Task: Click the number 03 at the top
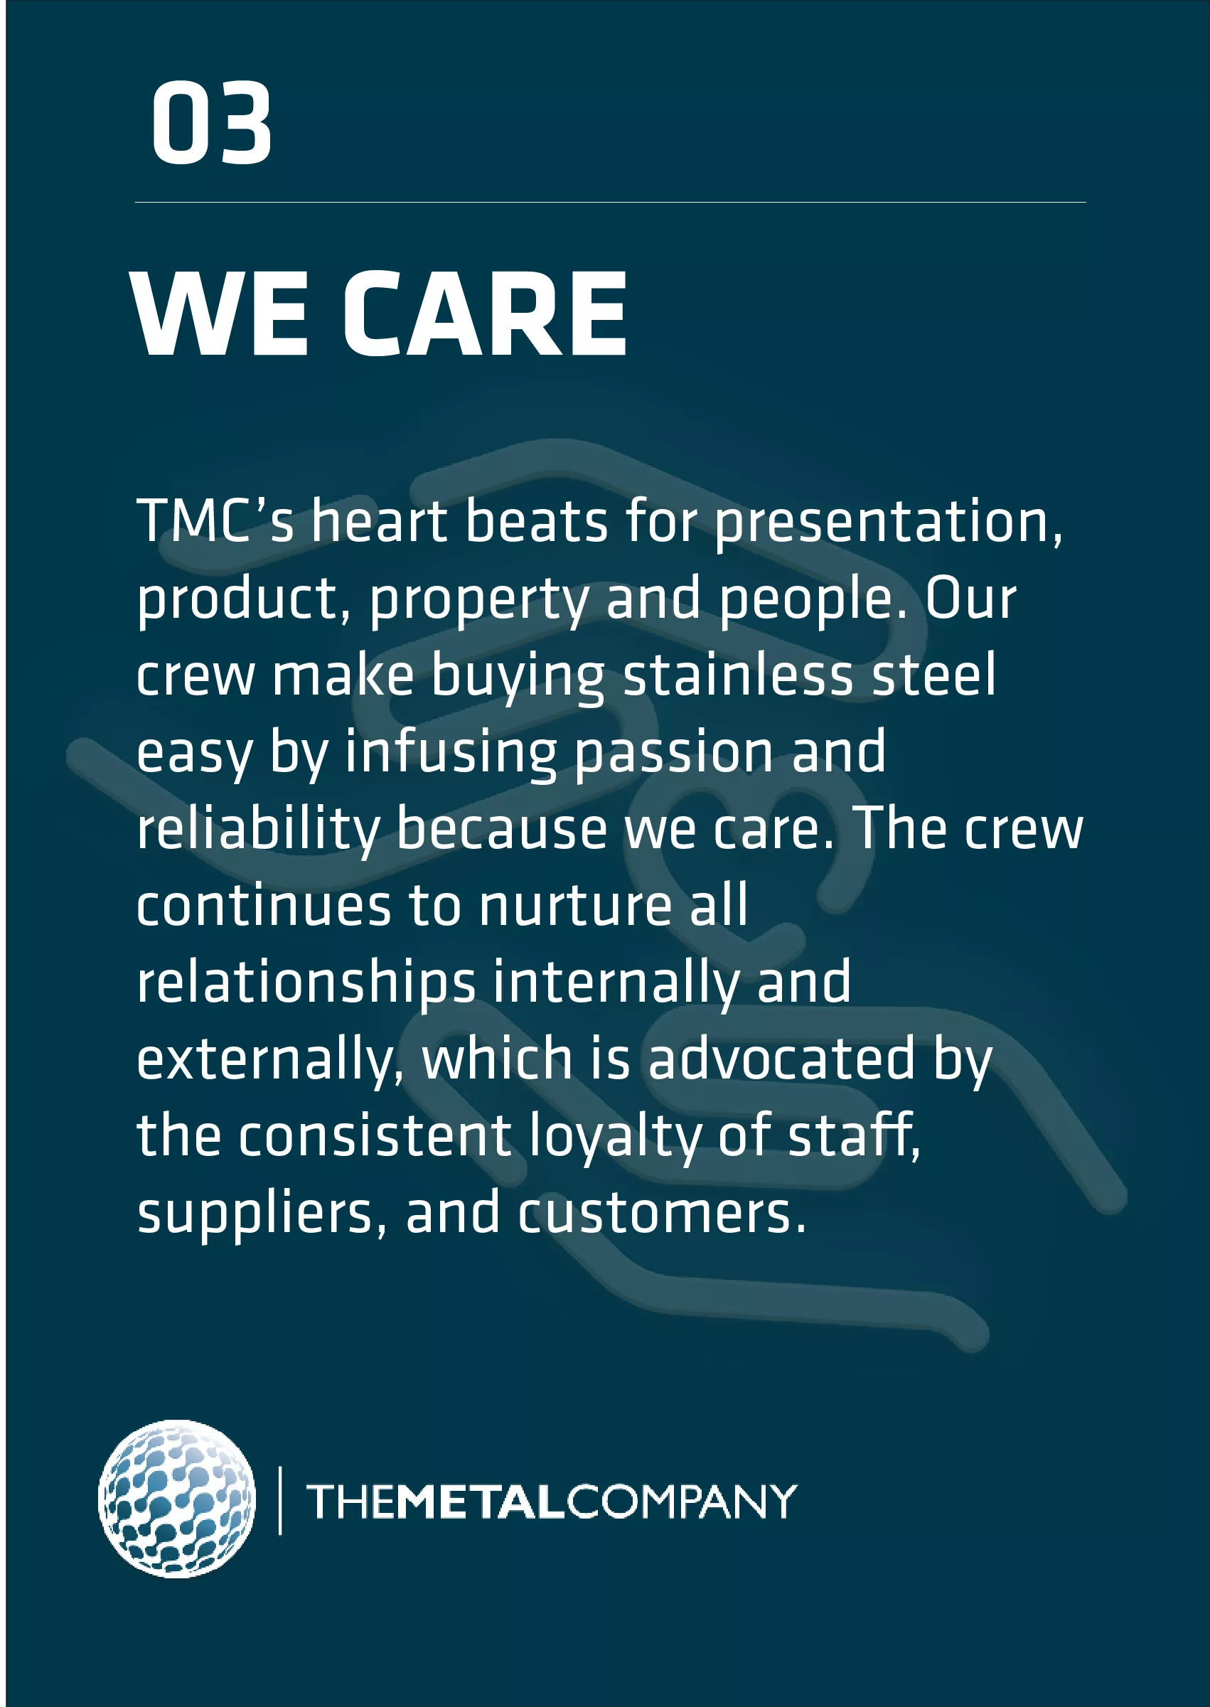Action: pos(212,123)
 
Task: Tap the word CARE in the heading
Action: pos(485,314)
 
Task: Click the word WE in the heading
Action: pos(220,314)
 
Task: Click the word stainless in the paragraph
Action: pos(738,675)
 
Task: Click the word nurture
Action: pos(576,906)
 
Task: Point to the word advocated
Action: pos(781,1059)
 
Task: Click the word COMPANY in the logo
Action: pos(682,1502)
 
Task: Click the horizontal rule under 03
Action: pos(610,202)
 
